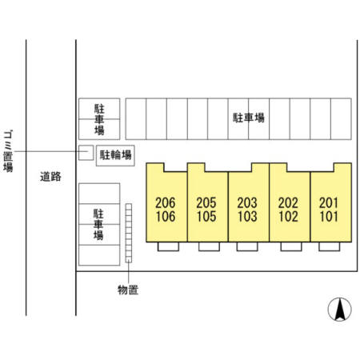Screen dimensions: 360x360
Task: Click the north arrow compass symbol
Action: [339, 310]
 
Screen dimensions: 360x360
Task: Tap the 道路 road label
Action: [50, 177]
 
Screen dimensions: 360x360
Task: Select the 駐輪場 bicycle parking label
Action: [115, 155]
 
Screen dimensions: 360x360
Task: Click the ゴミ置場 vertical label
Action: [8, 151]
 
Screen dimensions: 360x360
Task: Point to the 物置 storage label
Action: [128, 290]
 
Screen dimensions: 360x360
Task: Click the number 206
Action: [166, 203]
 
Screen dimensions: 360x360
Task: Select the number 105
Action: [206, 216]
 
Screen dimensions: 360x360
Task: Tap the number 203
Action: [247, 203]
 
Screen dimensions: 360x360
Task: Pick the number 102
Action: [288, 216]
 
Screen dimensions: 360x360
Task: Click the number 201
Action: [329, 203]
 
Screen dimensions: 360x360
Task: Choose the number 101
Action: [329, 216]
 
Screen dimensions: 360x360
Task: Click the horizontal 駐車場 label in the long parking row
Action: [249, 118]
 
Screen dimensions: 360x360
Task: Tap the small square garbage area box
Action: [86, 153]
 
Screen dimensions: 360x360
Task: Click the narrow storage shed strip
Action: [129, 233]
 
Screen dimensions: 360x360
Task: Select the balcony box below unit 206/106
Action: [168, 246]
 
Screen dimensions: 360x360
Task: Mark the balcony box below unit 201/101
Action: [330, 246]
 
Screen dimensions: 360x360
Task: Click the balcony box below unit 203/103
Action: [247, 246]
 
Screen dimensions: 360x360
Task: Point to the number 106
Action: [166, 216]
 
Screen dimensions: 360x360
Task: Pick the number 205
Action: [206, 203]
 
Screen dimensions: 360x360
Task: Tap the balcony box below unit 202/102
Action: [291, 246]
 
